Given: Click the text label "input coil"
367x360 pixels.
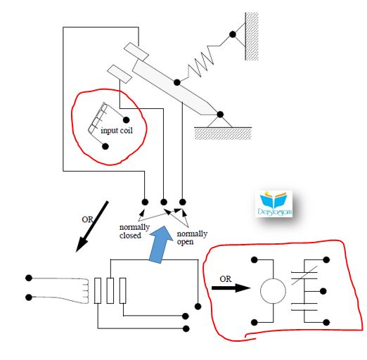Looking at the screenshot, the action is (117, 130).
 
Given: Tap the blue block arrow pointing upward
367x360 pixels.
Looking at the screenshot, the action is (160, 244).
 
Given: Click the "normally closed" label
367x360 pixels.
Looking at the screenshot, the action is (134, 231).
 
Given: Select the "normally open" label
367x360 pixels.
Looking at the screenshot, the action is (192, 238).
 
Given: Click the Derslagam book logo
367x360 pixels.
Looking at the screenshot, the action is (274, 203).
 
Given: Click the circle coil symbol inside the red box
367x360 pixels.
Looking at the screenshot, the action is (273, 291).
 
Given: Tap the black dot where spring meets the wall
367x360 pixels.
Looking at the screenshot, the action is (233, 34).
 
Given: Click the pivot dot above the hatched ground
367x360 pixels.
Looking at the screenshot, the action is (220, 115).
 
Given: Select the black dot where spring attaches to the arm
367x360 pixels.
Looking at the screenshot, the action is (177, 82).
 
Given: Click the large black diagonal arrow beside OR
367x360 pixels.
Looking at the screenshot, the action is (92, 226).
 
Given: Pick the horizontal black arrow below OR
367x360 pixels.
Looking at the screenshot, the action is (231, 288).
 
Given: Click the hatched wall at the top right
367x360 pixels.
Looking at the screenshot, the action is (252, 37).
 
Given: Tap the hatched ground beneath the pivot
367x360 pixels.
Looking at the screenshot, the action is (223, 134).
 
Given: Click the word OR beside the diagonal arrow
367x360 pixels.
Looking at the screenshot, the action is (87, 219).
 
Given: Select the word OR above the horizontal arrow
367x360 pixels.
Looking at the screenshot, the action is (226, 279).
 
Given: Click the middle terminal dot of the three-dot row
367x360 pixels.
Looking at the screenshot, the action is (164, 202).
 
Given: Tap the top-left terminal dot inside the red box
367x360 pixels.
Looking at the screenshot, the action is (255, 259).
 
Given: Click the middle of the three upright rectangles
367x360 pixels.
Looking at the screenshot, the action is (110, 290).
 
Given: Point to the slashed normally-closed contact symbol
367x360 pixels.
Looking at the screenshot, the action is (304, 276).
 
